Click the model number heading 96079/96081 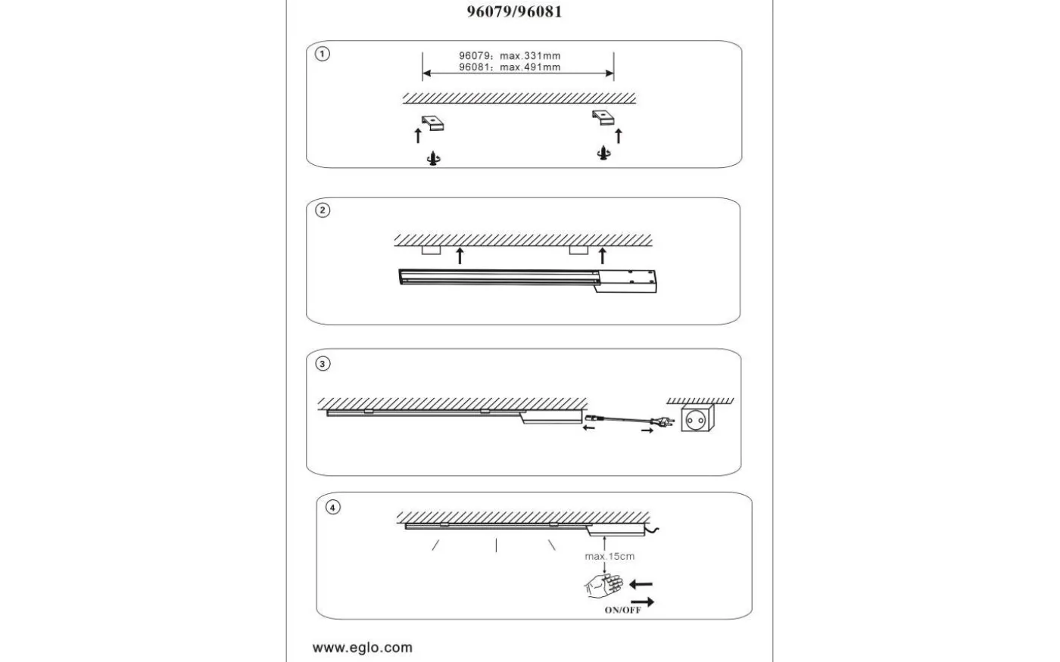coord(514,12)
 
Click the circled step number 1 coord(323,54)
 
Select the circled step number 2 coord(323,210)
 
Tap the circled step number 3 coord(323,364)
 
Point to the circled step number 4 coord(333,508)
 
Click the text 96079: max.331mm coord(510,56)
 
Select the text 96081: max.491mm coord(510,67)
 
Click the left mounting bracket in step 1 coord(433,123)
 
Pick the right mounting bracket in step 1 coord(604,117)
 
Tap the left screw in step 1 coord(433,159)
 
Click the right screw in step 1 coord(604,153)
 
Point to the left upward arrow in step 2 coord(460,255)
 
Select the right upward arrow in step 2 coord(603,255)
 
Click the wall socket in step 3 coord(697,418)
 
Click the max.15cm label coord(609,557)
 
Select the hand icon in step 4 coord(603,586)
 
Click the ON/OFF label coord(622,610)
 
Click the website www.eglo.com coord(363,648)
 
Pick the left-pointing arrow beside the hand coord(641,585)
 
